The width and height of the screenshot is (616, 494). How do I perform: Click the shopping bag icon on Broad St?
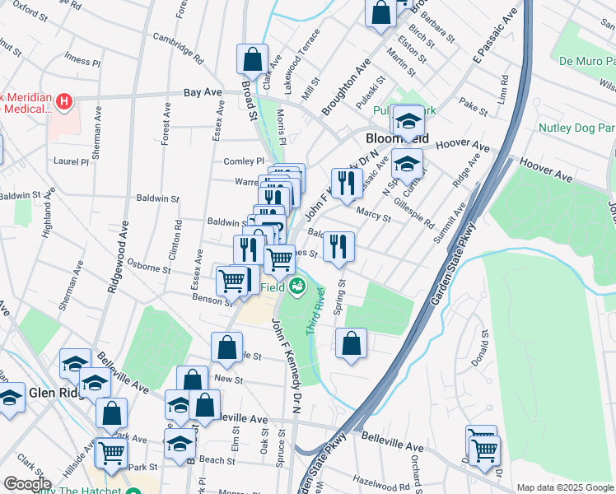pyautogui.click(x=252, y=59)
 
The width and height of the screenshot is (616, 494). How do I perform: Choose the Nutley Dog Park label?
pyautogui.click(x=576, y=128)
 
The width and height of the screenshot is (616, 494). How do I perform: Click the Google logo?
pyautogui.click(x=27, y=484)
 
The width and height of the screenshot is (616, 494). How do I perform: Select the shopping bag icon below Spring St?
pyautogui.click(x=352, y=344)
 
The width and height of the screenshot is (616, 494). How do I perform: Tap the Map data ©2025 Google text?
pyautogui.click(x=564, y=487)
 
